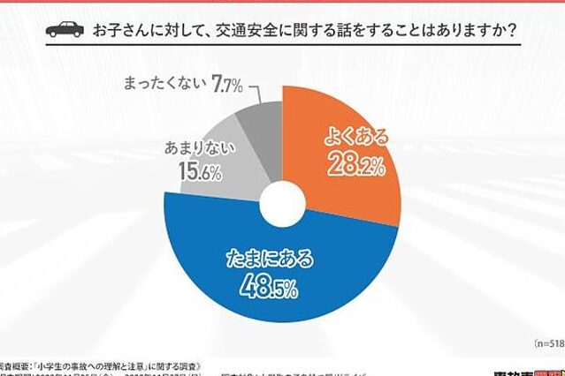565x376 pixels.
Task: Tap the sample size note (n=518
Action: point(546,342)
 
